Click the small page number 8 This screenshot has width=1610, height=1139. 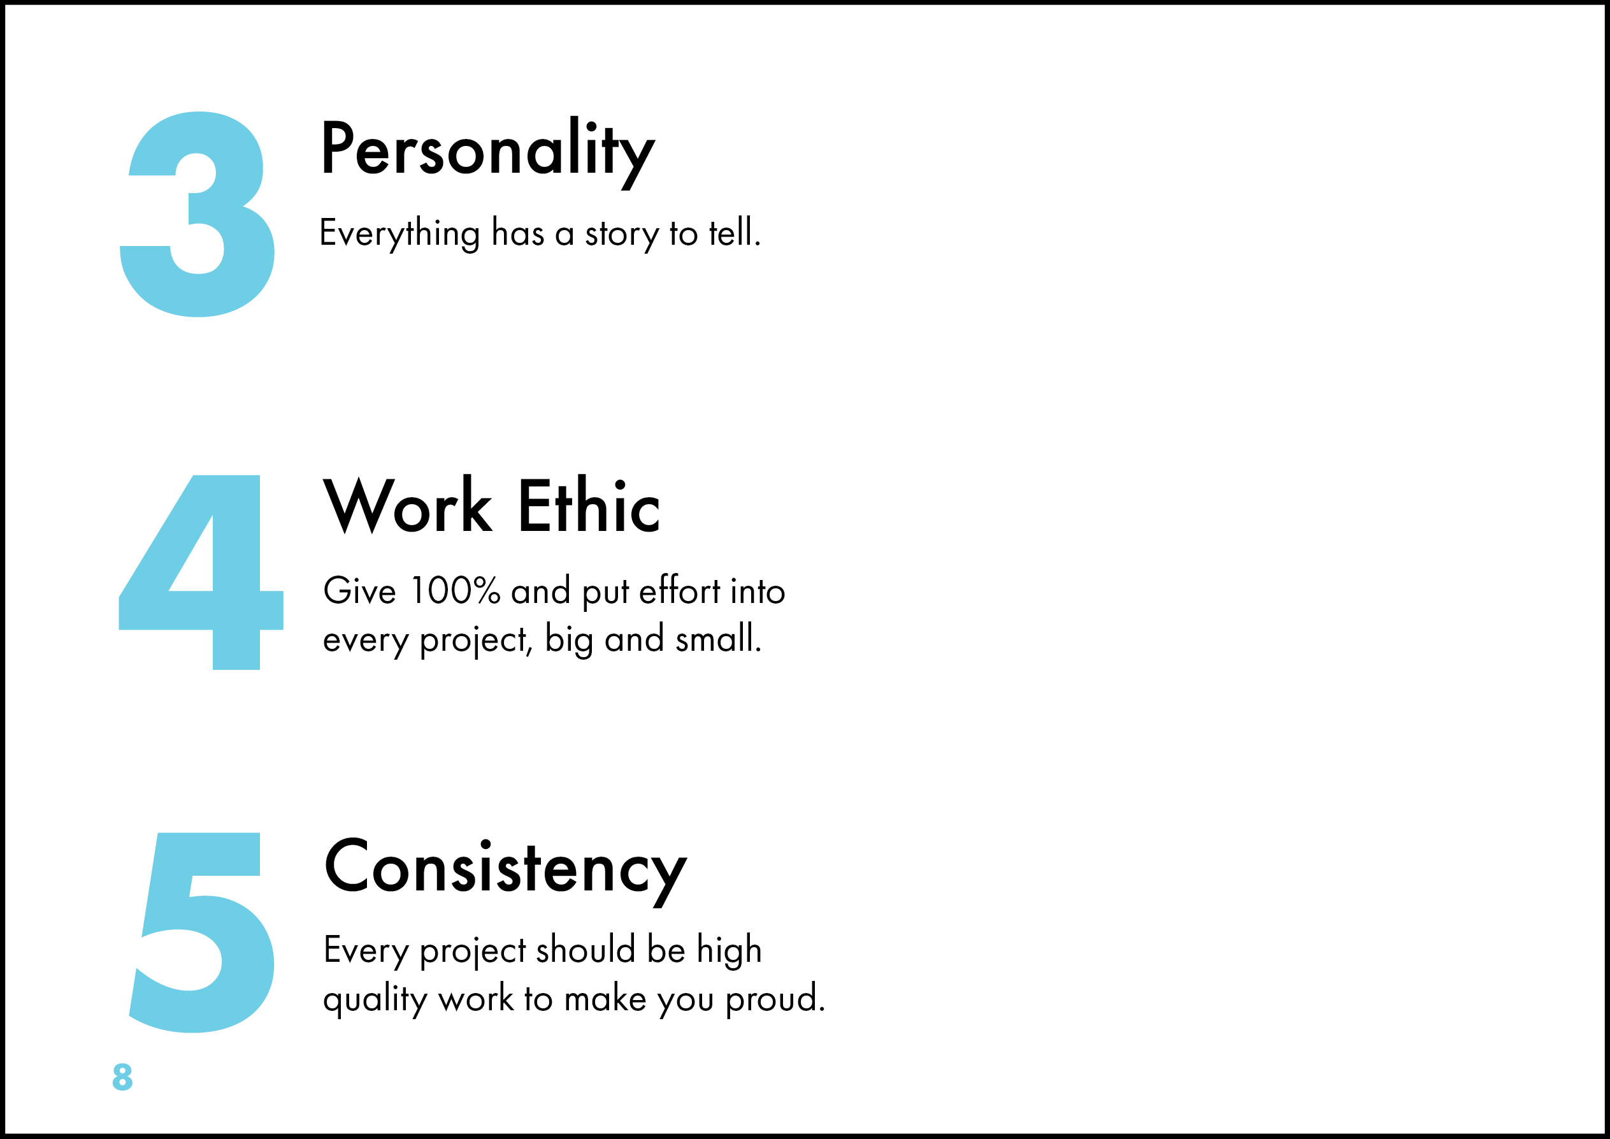pyautogui.click(x=123, y=1077)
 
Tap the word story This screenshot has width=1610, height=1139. pyautogui.click(x=622, y=235)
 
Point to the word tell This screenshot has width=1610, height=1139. pyautogui.click(x=734, y=233)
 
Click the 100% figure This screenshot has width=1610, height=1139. pyautogui.click(x=456, y=591)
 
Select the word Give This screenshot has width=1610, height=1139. pyautogui.click(x=360, y=591)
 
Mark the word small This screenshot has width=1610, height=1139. pyautogui.click(x=718, y=638)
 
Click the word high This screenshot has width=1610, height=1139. pyautogui.click(x=730, y=951)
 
